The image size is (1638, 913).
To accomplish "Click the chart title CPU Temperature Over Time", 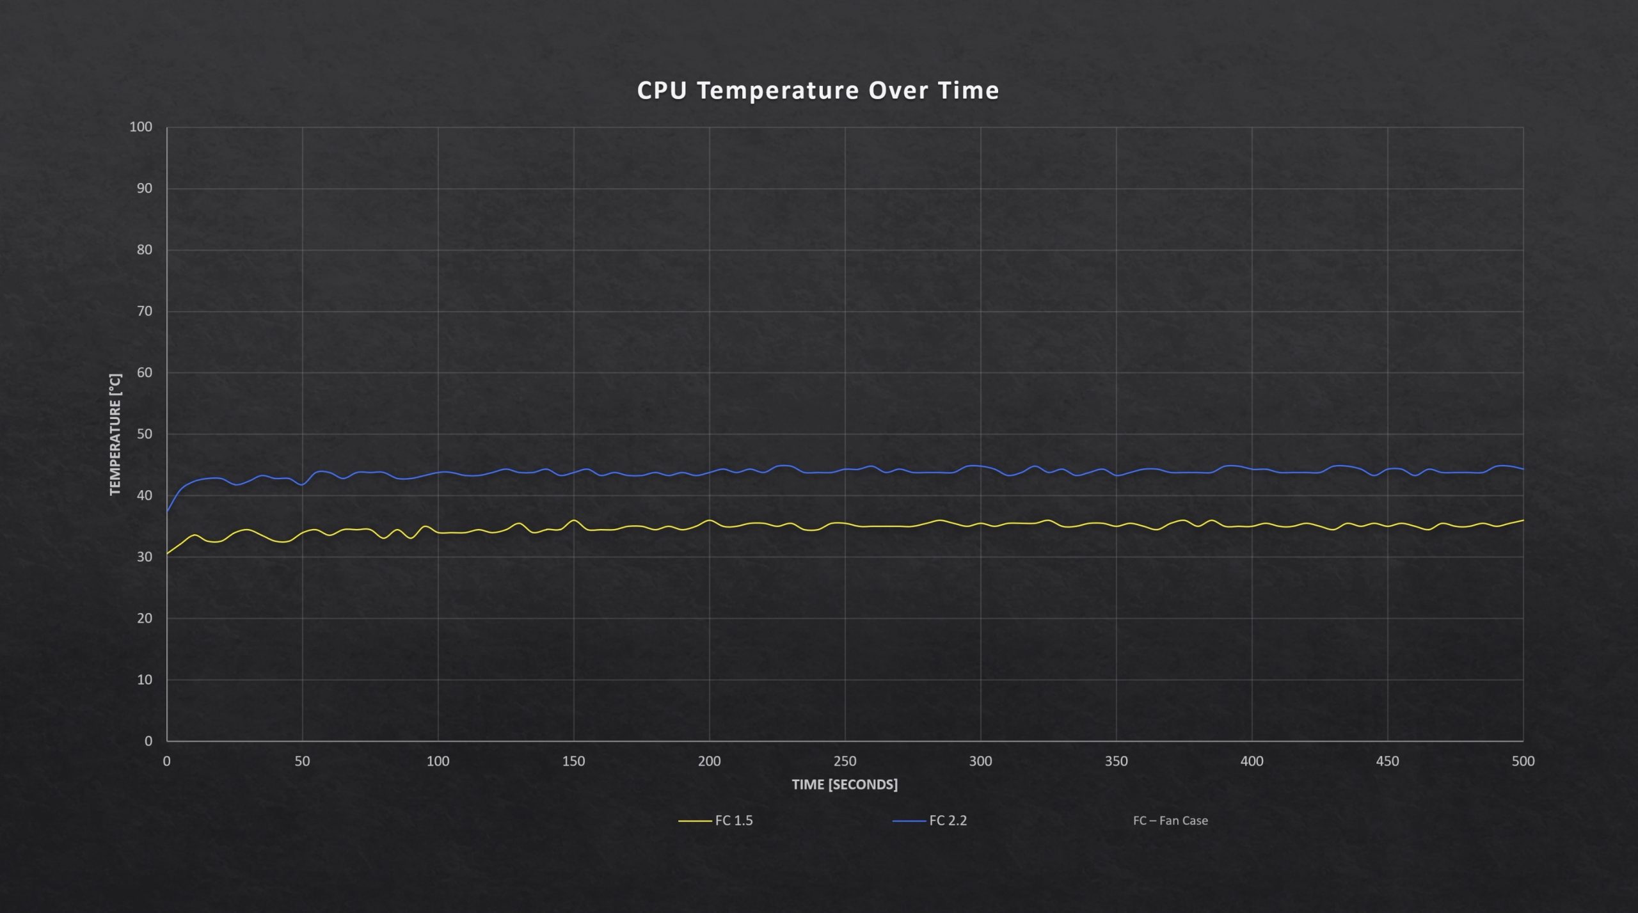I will tap(818, 91).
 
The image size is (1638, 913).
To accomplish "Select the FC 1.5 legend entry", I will tap(733, 820).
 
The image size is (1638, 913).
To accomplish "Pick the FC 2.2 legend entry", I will tap(948, 820).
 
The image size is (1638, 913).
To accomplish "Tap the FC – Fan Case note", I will tap(1170, 820).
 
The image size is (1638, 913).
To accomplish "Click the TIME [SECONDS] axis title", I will tap(845, 784).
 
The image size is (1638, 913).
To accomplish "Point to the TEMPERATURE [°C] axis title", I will tap(115, 434).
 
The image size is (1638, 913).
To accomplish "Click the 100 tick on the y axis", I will tap(141, 127).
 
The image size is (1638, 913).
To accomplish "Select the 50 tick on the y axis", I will tap(145, 434).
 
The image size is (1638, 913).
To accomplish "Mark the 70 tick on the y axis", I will tap(145, 311).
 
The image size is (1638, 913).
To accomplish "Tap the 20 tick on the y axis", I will tap(145, 618).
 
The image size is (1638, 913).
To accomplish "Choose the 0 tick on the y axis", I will tap(148, 741).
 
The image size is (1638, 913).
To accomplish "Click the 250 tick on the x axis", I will tap(845, 761).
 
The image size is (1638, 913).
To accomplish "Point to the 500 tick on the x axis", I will tap(1523, 761).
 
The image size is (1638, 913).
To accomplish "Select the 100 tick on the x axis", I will tap(438, 761).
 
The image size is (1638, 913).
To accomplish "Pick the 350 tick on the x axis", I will tap(1116, 761).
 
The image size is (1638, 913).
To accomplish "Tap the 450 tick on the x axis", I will tap(1387, 761).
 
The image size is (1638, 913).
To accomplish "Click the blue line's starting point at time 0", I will tap(168, 511).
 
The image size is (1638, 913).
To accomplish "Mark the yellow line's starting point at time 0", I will tap(168, 553).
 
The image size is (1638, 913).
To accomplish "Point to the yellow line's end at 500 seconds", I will tap(1523, 520).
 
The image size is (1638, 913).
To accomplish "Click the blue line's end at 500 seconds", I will tap(1523, 469).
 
